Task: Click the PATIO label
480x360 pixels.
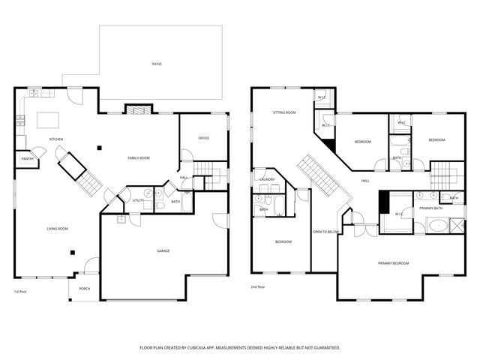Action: [157, 64]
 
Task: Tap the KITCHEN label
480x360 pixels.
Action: [56, 139]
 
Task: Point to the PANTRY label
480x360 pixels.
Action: [27, 159]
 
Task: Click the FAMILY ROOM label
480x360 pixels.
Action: [139, 157]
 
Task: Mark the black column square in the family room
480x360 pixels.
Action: [99, 148]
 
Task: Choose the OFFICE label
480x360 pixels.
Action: [203, 138]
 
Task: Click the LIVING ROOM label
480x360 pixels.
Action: [58, 229]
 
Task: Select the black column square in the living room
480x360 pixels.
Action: [72, 253]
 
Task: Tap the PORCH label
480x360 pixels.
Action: [84, 288]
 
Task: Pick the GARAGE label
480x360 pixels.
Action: [163, 250]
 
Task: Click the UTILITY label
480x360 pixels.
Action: [138, 200]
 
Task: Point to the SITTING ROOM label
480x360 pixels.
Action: [284, 112]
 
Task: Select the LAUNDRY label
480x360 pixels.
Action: [266, 180]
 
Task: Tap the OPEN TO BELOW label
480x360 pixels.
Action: [326, 232]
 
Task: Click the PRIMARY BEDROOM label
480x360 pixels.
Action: [392, 263]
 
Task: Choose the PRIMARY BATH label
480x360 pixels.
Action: [430, 208]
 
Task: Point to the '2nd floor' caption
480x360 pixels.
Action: [259, 286]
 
